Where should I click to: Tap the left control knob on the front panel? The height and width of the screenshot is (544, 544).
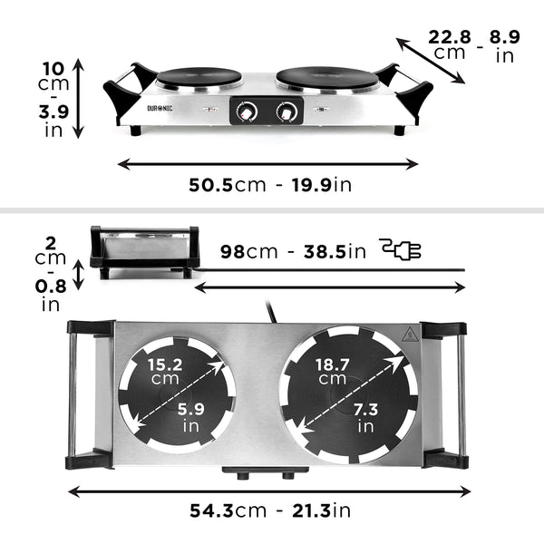point(244,112)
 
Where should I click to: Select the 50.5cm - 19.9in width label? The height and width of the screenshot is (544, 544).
point(270,185)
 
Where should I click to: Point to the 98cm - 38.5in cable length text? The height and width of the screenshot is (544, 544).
point(293,251)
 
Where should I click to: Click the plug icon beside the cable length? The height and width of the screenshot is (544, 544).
point(401,250)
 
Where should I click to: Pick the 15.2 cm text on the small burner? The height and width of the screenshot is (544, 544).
point(165,371)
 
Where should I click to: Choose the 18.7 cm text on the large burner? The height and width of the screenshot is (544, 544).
point(333,371)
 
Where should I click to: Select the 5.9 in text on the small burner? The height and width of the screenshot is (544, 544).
point(191,416)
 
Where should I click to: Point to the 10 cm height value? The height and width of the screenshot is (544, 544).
point(53,76)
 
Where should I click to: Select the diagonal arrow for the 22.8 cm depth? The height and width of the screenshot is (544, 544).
point(432,59)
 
